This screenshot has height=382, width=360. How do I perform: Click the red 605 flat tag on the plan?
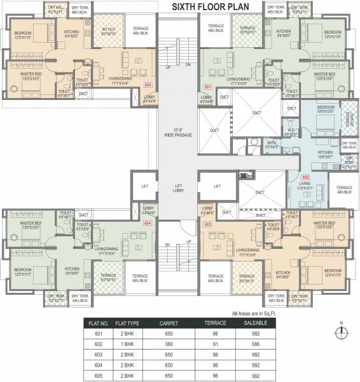[x=148, y=84]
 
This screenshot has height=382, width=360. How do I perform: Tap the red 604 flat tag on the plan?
[x=148, y=223]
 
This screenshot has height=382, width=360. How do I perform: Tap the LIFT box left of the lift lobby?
[x=144, y=187]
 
